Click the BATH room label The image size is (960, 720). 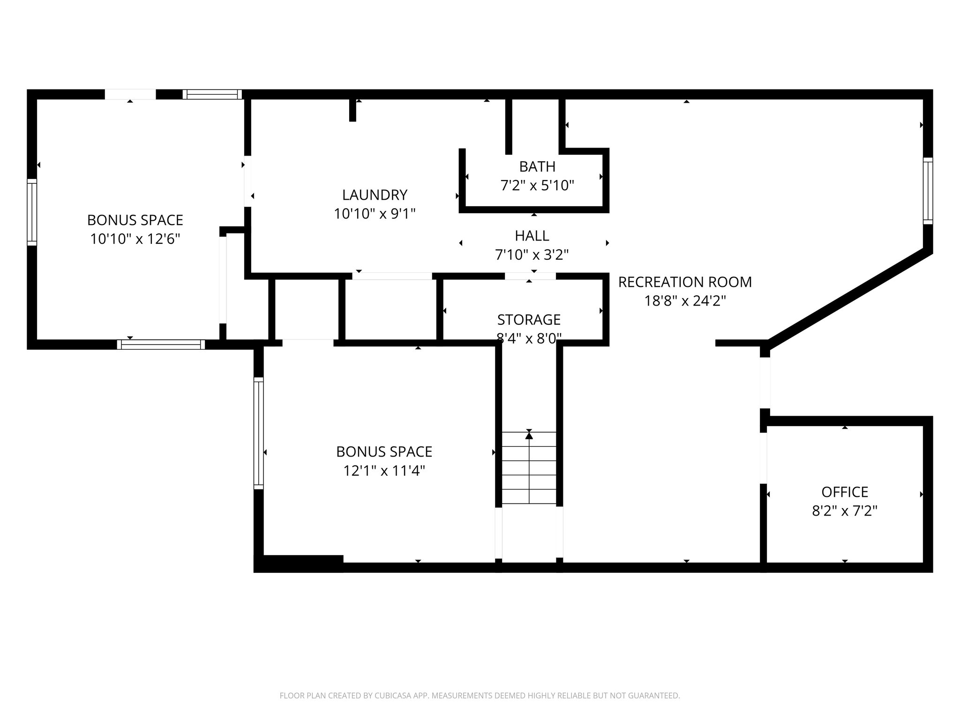[537, 166]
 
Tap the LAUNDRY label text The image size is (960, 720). [375, 195]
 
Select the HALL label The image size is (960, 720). [532, 235]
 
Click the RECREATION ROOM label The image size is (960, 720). [685, 282]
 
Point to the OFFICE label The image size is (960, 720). [845, 492]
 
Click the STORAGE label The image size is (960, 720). [529, 320]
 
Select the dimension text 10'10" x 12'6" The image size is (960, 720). [135, 239]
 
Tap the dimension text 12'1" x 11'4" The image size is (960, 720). [384, 471]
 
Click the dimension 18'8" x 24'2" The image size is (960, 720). [685, 301]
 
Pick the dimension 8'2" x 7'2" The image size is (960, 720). [845, 511]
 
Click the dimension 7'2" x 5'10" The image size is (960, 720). [537, 186]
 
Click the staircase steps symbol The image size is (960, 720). [529, 473]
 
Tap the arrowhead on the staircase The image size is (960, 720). [529, 435]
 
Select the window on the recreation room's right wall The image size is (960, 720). [928, 191]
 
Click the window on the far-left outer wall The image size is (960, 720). [32, 212]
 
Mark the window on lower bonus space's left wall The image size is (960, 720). [258, 433]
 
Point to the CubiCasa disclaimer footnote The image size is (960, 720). [480, 696]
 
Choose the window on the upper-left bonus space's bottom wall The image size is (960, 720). [161, 345]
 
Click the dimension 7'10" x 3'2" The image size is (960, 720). [532, 255]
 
